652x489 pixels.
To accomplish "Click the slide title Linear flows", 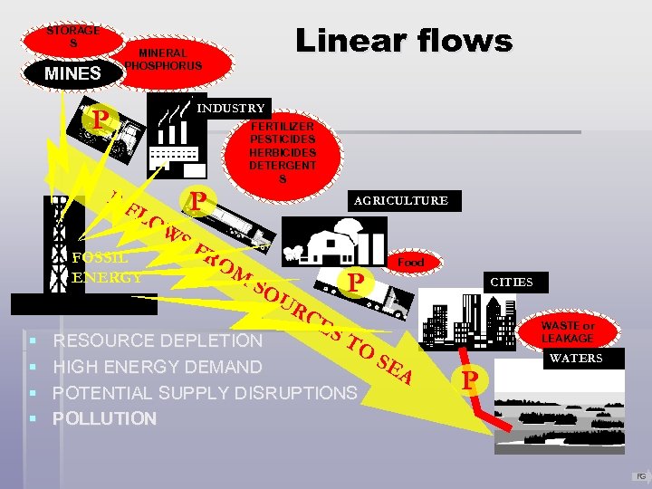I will coord(404,41).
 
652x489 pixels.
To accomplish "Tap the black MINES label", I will coord(73,72).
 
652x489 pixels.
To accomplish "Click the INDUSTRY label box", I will coord(232,109).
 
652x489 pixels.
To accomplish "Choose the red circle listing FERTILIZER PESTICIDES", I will coord(283,153).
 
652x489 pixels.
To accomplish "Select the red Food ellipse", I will coord(410,263).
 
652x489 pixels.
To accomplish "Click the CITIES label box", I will coord(512,283).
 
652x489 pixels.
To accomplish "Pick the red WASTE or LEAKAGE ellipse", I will coord(568,332).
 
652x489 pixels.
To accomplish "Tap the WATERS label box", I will coord(576,359).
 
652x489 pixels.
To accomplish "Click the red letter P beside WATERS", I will coord(468,380).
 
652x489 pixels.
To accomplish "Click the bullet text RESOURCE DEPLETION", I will coord(158,341).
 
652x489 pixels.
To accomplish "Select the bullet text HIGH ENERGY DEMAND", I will coord(158,367).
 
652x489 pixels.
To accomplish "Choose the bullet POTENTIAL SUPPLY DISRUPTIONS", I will coord(205,393).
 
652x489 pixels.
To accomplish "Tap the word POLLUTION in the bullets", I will coord(104,418).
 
